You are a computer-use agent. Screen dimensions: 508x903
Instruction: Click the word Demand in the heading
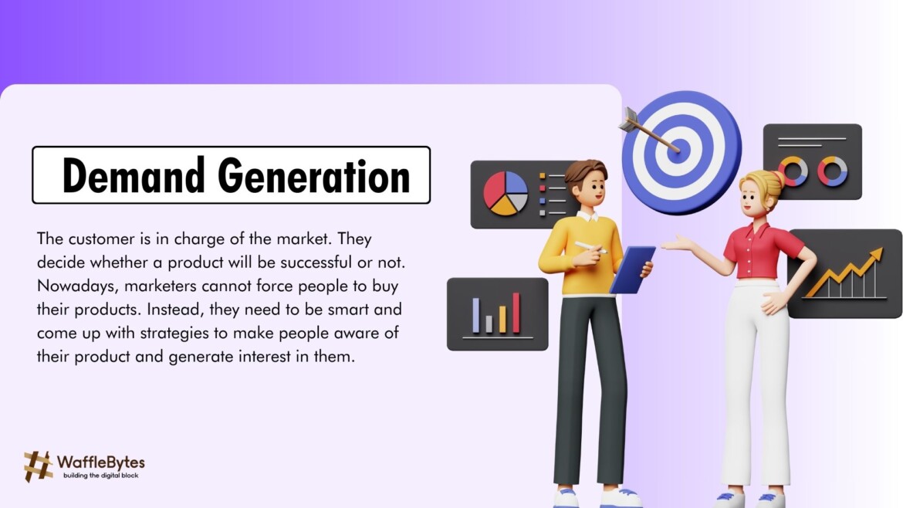[x=134, y=176]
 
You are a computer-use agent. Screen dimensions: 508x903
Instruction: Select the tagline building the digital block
[x=101, y=476]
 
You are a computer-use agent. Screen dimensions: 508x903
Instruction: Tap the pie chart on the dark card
[x=506, y=193]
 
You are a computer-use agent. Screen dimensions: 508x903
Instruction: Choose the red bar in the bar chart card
[x=516, y=313]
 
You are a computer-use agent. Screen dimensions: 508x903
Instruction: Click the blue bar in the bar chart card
[x=476, y=315]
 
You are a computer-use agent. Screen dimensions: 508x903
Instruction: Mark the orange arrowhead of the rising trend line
[x=875, y=256]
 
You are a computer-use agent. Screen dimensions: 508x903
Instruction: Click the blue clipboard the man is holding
[x=633, y=269]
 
